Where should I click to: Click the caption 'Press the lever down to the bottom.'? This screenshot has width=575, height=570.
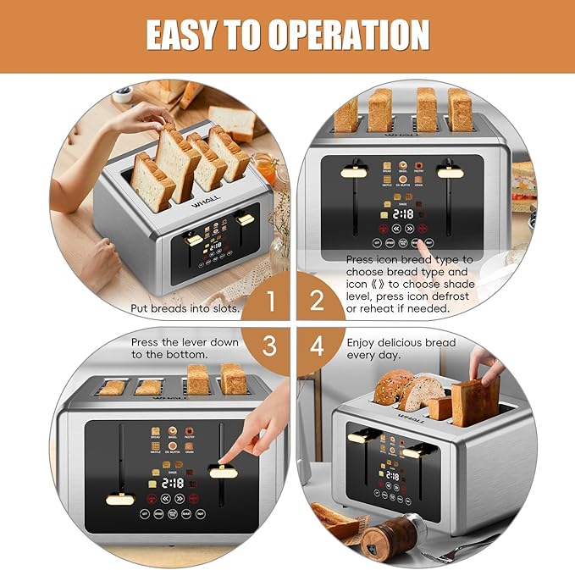point(184,348)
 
